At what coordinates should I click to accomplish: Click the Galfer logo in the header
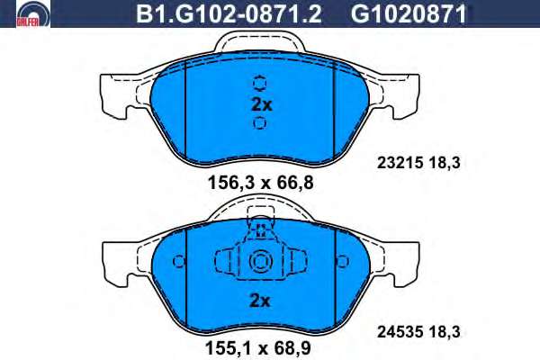coord(33,14)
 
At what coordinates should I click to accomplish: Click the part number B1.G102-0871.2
coord(229,14)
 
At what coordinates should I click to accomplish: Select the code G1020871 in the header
coord(409,14)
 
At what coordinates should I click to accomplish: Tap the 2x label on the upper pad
coord(262,104)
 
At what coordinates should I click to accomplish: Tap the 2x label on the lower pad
coord(260,301)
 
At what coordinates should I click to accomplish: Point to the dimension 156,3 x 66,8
coord(261,183)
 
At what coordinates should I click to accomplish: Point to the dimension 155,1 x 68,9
coord(258,348)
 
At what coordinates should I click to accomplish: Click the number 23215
coord(400,163)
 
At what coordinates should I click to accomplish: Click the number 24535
coord(400,332)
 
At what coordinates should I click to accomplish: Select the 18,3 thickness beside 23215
coord(445,163)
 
